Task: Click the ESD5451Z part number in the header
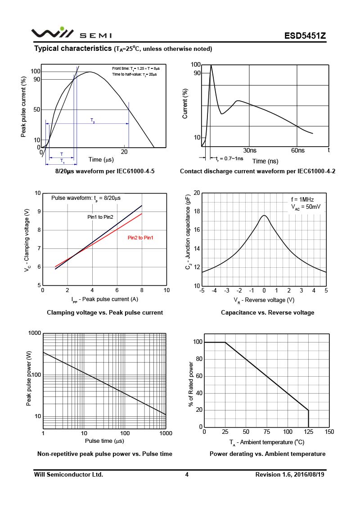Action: [x=305, y=36]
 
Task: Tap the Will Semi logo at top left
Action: [x=71, y=33]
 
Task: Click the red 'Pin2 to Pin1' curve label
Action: [x=140, y=238]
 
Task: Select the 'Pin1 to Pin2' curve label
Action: [x=100, y=217]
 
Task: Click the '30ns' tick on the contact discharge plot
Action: [x=250, y=150]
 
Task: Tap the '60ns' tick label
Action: [x=297, y=150]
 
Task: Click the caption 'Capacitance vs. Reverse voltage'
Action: [x=267, y=312]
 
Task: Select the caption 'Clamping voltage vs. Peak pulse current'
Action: [x=105, y=312]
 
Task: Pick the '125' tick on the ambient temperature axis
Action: [x=308, y=432]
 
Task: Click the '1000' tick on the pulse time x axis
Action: [x=166, y=433]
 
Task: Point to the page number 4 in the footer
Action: [x=186, y=474]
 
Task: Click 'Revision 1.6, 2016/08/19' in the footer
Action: [x=290, y=474]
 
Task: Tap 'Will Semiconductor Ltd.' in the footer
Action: [x=69, y=474]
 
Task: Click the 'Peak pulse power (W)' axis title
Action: [x=29, y=381]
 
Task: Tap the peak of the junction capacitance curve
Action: [x=264, y=215]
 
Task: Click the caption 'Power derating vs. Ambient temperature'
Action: [x=267, y=454]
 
